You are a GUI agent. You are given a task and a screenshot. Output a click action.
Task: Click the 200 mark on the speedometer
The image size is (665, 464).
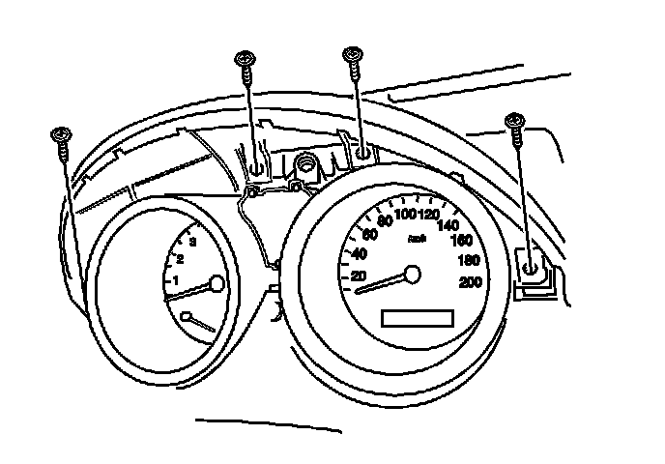(472, 282)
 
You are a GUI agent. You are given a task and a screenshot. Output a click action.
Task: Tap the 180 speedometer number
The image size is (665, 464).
(470, 261)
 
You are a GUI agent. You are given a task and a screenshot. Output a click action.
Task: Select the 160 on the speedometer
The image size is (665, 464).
(462, 241)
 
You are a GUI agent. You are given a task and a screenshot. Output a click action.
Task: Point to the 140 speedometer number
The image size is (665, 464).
(448, 225)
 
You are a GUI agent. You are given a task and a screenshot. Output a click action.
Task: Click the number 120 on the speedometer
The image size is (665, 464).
(426, 215)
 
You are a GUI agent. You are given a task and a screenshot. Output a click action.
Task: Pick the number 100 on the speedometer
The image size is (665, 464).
(405, 215)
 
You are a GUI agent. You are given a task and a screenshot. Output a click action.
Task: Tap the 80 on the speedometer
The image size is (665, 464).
(385, 222)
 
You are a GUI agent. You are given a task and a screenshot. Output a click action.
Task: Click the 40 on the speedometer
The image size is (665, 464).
(359, 254)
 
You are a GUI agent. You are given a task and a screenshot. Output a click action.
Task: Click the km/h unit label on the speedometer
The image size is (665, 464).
(418, 237)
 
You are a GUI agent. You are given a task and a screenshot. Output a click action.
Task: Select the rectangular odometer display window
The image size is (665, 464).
(418, 318)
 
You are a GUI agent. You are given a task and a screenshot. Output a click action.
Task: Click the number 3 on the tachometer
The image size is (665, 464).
(193, 241)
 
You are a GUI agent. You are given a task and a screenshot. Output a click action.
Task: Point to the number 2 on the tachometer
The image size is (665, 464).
(181, 258)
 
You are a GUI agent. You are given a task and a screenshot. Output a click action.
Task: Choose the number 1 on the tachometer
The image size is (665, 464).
(175, 280)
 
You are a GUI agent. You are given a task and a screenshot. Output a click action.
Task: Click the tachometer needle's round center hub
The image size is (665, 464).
(217, 283)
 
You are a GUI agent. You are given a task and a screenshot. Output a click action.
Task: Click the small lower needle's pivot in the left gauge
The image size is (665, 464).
(187, 315)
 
